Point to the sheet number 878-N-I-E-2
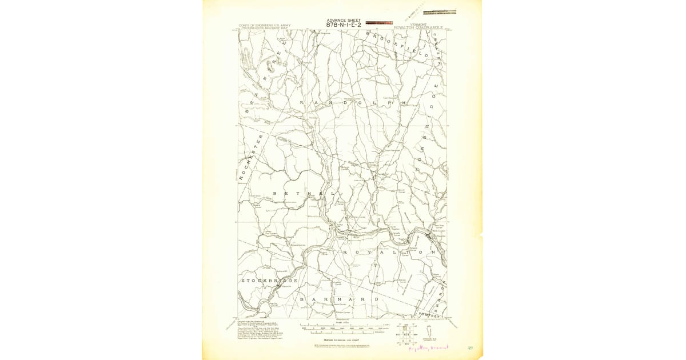click(343, 25)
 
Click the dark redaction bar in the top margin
click(440, 10)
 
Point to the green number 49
click(469, 346)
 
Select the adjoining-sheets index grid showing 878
click(408, 334)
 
